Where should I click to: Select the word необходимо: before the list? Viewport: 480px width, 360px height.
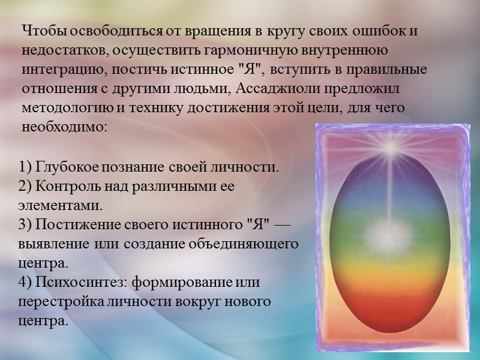click(64, 128)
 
